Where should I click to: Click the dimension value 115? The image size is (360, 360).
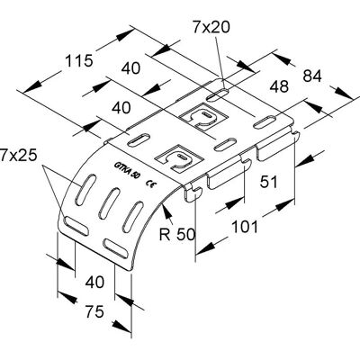79,61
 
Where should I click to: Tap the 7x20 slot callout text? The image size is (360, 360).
211,27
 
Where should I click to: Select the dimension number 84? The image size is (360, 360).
312,76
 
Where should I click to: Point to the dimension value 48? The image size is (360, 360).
279,86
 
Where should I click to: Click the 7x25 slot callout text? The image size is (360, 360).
18,156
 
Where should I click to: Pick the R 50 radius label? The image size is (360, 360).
177,234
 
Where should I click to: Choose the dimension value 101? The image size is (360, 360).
245,227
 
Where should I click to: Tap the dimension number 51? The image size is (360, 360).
268,182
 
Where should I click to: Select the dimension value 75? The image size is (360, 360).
94,311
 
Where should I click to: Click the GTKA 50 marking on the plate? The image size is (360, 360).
126,171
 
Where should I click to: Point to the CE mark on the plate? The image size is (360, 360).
150,184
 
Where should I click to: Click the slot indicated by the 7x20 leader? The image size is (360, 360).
219,94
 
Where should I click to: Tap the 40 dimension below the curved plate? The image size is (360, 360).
94,282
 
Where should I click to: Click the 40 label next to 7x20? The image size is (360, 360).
130,68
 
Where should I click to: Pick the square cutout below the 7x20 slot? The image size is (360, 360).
203,117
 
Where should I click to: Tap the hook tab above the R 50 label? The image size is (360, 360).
193,193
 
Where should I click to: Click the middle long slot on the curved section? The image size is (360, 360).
108,203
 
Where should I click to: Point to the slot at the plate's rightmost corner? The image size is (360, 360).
265,123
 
